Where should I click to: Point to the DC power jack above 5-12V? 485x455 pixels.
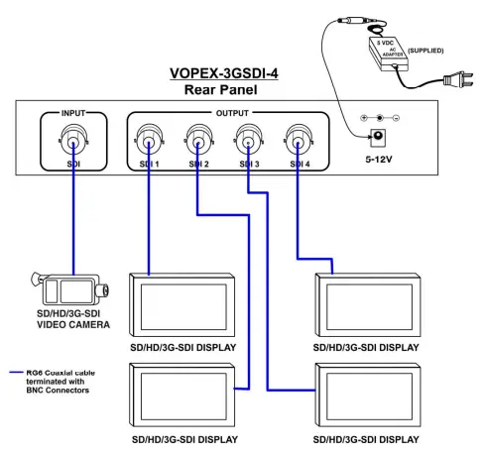click(377, 138)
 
